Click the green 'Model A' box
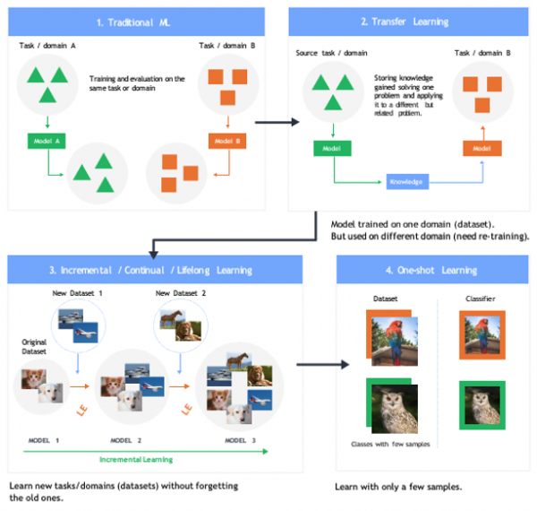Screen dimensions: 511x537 pyautogui.click(x=45, y=141)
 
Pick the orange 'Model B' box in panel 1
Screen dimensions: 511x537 pyautogui.click(x=226, y=141)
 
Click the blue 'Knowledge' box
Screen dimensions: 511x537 pyautogui.click(x=406, y=182)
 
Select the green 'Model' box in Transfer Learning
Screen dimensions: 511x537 pyautogui.click(x=331, y=149)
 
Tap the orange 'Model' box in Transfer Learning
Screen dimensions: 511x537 pyautogui.click(x=481, y=149)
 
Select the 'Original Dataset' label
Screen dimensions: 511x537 pyautogui.click(x=34, y=346)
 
